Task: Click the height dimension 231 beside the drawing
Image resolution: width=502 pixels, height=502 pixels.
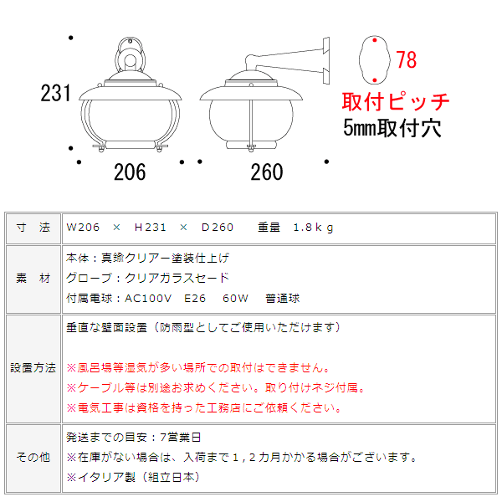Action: tap(55, 93)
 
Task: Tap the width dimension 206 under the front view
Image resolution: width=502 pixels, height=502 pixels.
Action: tap(130, 172)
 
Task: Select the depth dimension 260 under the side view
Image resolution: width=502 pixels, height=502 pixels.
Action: tap(267, 172)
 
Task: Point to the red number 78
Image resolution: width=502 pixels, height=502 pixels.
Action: tap(407, 59)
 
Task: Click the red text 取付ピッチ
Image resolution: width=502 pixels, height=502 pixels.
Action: tap(396, 101)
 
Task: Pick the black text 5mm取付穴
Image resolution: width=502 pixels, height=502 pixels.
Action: tap(392, 128)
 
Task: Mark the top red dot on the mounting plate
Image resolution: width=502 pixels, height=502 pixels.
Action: tap(375, 40)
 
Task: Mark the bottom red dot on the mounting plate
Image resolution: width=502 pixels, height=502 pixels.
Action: tap(375, 80)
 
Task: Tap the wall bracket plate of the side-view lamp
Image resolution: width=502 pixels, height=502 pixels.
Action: tap(326, 61)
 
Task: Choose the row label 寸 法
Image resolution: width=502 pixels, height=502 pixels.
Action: tap(33, 228)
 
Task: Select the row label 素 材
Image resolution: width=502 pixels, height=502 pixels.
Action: tap(33, 279)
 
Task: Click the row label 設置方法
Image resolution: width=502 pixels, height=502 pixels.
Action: tap(33, 367)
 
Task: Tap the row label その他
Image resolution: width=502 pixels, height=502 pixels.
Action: tap(33, 457)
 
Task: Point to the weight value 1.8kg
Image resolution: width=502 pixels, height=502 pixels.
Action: tap(313, 228)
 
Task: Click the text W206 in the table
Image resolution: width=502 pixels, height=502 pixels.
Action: tap(83, 228)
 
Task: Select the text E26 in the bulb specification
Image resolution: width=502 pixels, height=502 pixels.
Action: tap(195, 299)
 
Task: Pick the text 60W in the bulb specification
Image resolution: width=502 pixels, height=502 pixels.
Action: tap(235, 299)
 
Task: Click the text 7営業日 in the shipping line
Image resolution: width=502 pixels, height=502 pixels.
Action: tap(180, 437)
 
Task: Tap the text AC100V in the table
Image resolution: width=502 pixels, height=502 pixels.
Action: tap(148, 299)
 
